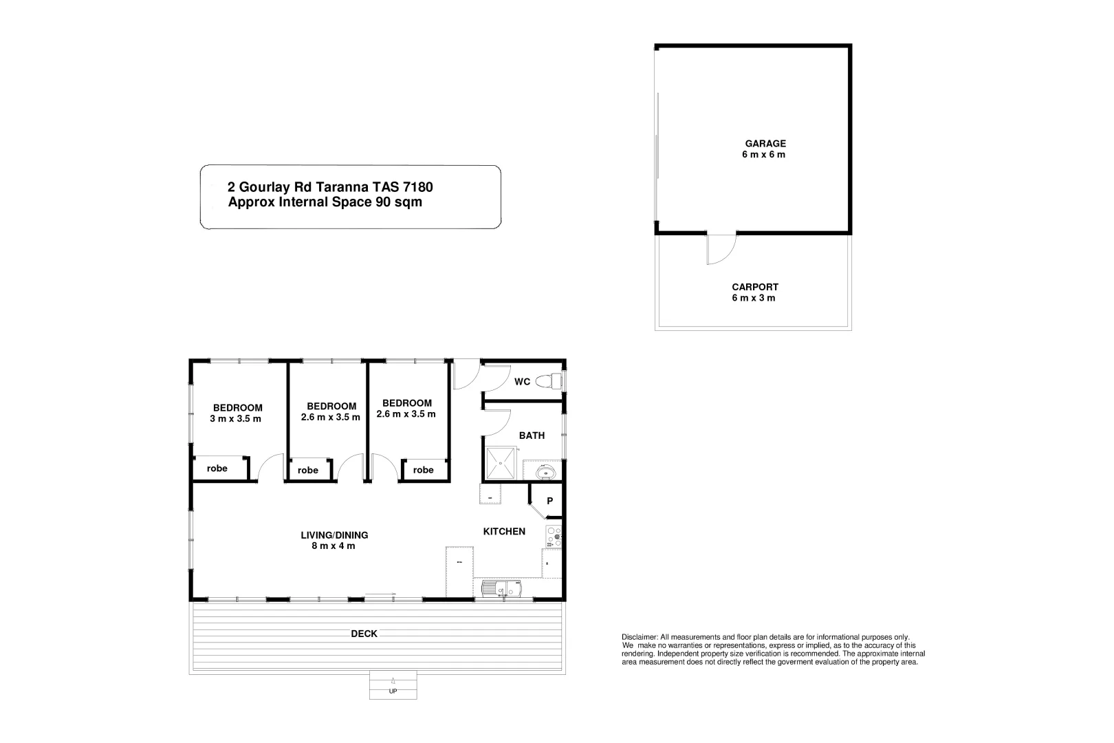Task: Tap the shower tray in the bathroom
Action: click(501, 462)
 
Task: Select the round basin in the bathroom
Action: click(547, 472)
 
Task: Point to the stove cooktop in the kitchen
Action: click(554, 537)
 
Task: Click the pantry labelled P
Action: click(549, 501)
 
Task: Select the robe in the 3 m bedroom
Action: click(217, 469)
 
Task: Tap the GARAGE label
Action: click(765, 144)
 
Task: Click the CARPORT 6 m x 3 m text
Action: click(754, 292)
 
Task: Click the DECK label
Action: click(364, 634)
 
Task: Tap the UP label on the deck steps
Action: click(393, 691)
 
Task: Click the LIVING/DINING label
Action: click(334, 535)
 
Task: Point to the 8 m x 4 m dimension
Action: click(333, 546)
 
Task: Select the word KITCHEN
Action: click(504, 531)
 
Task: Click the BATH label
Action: click(532, 435)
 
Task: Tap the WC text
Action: click(522, 382)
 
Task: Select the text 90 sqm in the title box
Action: click(398, 202)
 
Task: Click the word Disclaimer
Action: click(639, 637)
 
